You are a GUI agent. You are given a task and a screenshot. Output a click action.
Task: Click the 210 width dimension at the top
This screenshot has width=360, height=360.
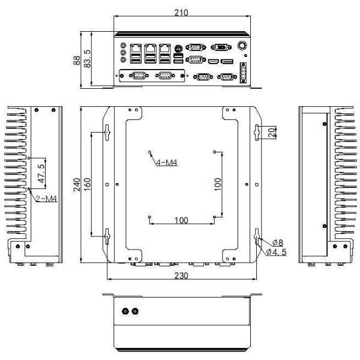click(179, 13)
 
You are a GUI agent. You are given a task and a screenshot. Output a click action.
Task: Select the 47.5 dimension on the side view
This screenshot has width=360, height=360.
click(41, 173)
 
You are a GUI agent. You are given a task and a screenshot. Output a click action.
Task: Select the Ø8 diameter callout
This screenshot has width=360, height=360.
click(277, 242)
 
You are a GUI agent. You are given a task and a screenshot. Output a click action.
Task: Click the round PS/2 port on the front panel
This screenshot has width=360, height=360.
click(178, 47)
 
